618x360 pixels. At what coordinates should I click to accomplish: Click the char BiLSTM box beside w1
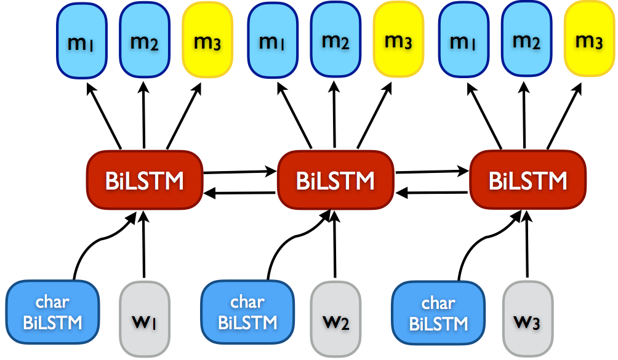tap(52, 312)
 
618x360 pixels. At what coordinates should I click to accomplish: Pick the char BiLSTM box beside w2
tap(247, 312)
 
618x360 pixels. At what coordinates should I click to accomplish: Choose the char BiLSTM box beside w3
tap(438, 312)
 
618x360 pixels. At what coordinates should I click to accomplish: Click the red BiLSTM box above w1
tap(144, 180)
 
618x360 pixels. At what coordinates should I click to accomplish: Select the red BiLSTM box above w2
tap(335, 180)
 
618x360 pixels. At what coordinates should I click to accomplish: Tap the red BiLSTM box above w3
tap(528, 180)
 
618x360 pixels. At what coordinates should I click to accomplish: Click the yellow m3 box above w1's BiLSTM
tap(208, 42)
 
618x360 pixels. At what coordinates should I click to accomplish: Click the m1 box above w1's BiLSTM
tap(82, 42)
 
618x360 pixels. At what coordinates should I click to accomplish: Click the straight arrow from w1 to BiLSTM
tap(143, 246)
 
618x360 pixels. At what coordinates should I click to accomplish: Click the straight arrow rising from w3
tap(527, 246)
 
